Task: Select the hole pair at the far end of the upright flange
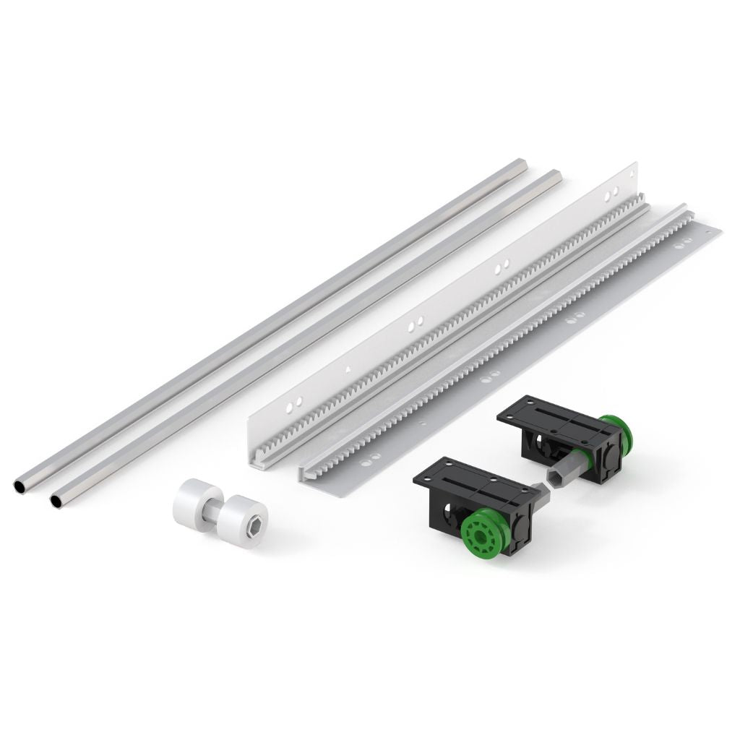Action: (611, 193)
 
